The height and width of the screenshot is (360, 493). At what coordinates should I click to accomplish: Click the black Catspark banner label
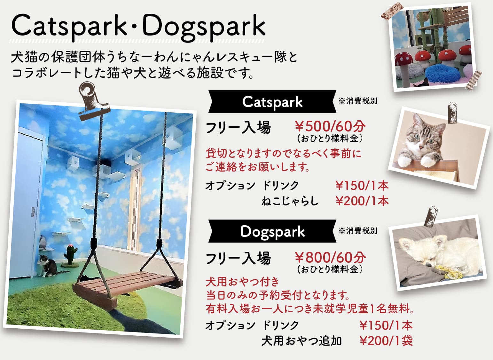tap(272, 101)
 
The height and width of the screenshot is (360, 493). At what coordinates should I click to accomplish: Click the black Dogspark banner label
tap(272, 231)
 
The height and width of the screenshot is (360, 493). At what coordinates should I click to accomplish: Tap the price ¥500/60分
tap(330, 126)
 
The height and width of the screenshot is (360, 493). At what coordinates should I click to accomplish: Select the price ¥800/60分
tap(330, 257)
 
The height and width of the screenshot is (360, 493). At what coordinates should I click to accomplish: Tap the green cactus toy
tap(70, 255)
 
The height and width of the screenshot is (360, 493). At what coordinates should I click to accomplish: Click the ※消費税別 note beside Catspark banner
tap(358, 101)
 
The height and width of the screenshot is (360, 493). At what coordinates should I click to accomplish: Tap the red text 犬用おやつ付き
tap(242, 282)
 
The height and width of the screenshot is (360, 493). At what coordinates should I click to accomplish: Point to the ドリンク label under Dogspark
tap(280, 325)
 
